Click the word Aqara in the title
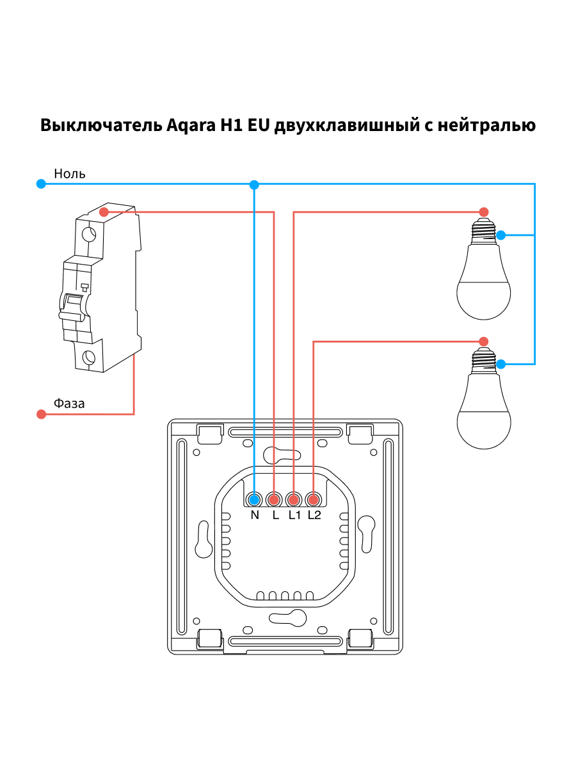(191, 125)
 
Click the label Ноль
(70, 173)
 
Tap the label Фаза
(69, 403)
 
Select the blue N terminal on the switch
(255, 499)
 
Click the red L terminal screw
(275, 499)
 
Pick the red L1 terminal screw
(294, 499)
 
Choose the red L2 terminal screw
(313, 499)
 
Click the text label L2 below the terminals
(314, 516)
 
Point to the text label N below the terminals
(255, 516)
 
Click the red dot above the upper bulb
(484, 212)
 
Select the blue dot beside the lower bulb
(501, 364)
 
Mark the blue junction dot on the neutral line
(255, 185)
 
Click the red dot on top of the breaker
(104, 212)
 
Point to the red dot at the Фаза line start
(42, 414)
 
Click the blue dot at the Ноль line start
(42, 184)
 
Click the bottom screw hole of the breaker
(90, 357)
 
